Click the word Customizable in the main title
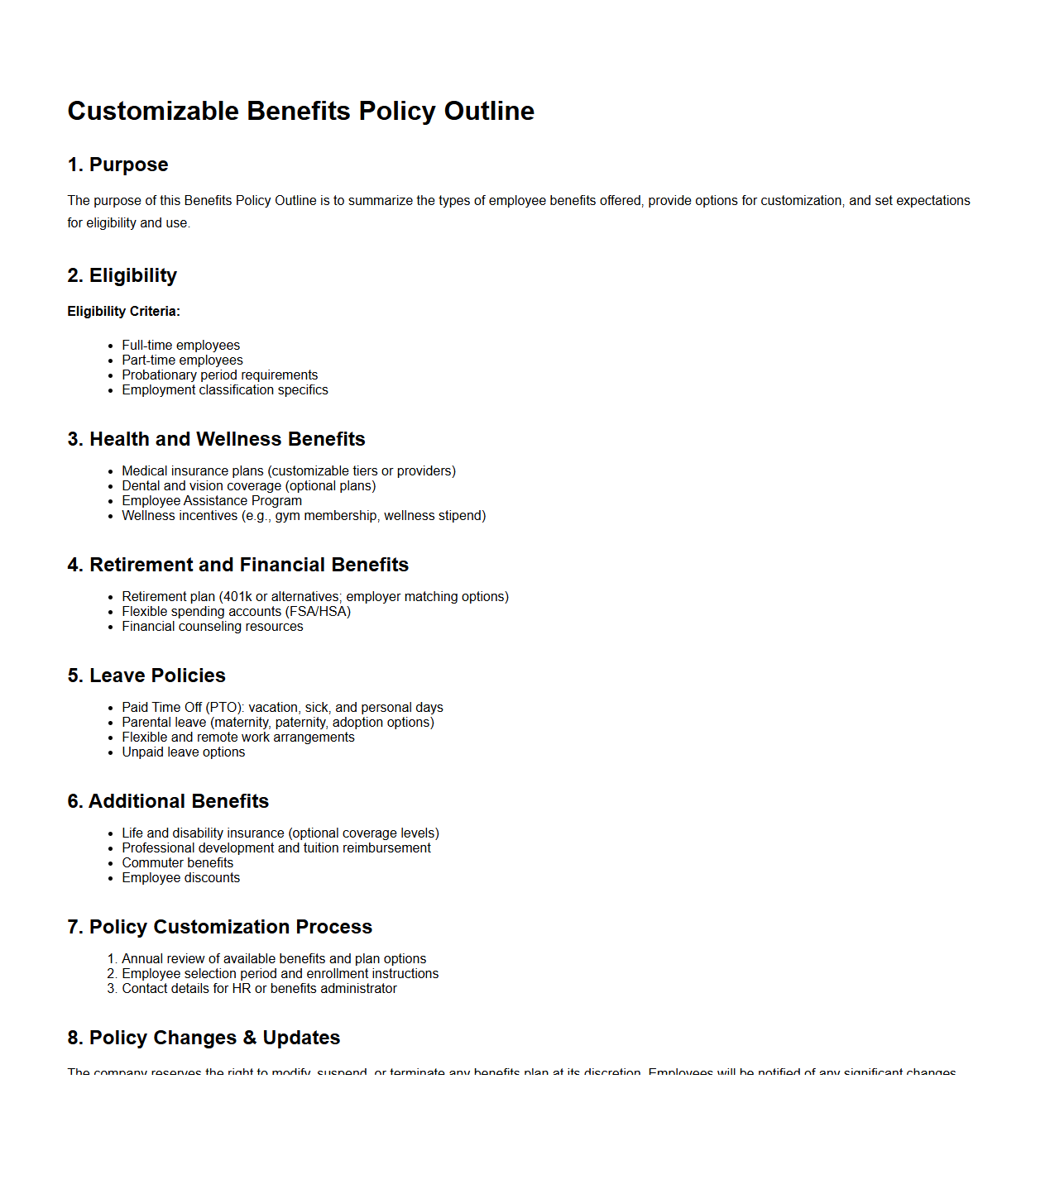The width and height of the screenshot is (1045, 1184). point(153,111)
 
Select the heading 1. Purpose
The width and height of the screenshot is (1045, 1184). point(117,165)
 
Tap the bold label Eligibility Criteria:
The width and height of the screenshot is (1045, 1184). point(123,312)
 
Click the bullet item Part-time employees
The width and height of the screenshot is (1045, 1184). point(182,360)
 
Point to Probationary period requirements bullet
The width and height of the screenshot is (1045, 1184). point(219,375)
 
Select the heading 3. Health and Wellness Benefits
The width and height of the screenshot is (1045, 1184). point(216,439)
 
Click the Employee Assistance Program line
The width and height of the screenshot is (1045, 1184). point(212,501)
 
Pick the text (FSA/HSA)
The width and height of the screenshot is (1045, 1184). point(318,612)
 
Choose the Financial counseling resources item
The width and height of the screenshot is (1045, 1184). point(213,627)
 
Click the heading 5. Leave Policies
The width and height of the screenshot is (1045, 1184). point(146,676)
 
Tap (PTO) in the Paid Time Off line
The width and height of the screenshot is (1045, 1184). point(223,708)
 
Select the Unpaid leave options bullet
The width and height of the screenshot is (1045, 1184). point(183,752)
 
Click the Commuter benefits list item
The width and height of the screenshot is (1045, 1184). point(177,863)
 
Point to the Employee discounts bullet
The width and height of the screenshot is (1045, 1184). point(180,878)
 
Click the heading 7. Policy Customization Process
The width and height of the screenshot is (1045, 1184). point(219,927)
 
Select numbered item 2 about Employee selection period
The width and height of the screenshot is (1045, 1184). point(280,974)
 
